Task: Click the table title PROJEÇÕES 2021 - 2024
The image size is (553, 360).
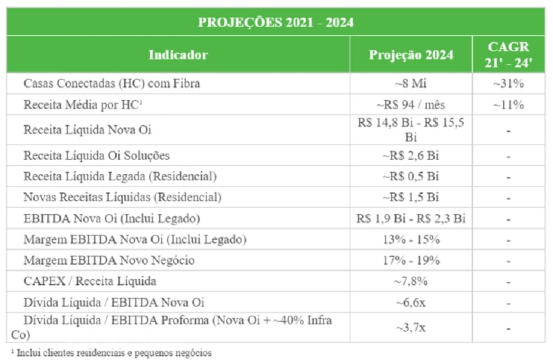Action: pyautogui.click(x=276, y=22)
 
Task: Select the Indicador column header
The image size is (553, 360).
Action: pyautogui.click(x=178, y=55)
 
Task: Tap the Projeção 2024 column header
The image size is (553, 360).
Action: pyautogui.click(x=411, y=55)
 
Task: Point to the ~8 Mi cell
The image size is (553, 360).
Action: pyautogui.click(x=411, y=84)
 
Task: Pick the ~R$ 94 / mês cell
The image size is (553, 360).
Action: pyautogui.click(x=411, y=104)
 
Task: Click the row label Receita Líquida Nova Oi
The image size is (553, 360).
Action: pyautogui.click(x=87, y=130)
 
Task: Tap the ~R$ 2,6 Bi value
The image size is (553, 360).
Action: pyautogui.click(x=411, y=155)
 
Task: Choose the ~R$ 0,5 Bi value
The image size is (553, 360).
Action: pyautogui.click(x=411, y=177)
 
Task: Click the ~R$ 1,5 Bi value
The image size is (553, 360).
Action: pyautogui.click(x=411, y=197)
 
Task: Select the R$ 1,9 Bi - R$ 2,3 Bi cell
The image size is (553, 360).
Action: pyautogui.click(x=411, y=219)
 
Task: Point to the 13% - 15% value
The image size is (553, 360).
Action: pyautogui.click(x=411, y=239)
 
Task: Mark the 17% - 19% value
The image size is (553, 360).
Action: pyautogui.click(x=411, y=260)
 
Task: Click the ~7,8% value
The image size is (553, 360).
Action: pyautogui.click(x=411, y=281)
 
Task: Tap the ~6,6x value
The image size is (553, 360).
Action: pyautogui.click(x=411, y=302)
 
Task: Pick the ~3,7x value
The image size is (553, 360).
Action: pyautogui.click(x=411, y=328)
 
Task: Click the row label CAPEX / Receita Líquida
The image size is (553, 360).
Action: pyautogui.click(x=90, y=281)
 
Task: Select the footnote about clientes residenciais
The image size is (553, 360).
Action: pyautogui.click(x=112, y=352)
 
